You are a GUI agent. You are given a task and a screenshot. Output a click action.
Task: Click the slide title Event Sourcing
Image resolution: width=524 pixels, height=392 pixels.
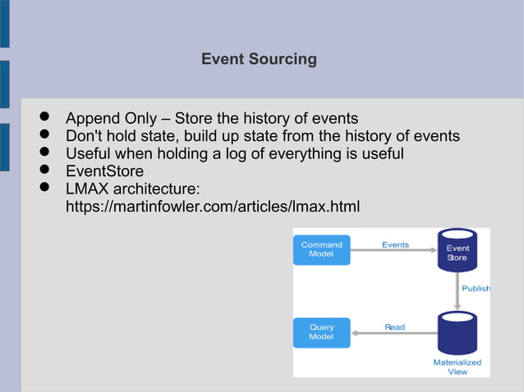click(259, 59)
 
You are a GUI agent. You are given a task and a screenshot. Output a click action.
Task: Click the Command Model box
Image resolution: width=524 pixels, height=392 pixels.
click(321, 249)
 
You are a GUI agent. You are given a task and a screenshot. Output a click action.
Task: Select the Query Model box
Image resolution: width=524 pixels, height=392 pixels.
click(321, 331)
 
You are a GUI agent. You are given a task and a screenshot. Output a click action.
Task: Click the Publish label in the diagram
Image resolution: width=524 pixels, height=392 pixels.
click(476, 289)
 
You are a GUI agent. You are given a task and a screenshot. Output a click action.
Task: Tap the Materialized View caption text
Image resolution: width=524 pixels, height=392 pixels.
click(457, 367)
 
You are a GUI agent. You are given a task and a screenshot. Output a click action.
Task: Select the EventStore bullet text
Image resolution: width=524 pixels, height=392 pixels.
click(104, 171)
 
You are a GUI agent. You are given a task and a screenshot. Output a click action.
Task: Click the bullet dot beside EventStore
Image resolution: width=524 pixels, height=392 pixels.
click(45, 171)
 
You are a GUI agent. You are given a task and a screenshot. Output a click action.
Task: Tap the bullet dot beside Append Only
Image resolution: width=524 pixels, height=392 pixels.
click(45, 117)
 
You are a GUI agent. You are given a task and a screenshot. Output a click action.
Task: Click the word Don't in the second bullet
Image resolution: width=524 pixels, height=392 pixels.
click(85, 135)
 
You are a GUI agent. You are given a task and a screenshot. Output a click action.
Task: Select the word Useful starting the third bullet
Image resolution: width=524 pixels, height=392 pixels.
click(89, 153)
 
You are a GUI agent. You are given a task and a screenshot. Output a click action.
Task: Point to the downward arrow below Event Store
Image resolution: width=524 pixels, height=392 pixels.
click(457, 289)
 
